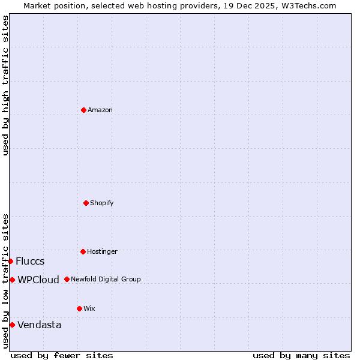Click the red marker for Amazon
[x=83, y=110]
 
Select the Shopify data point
[x=86, y=203]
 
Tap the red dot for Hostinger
[x=83, y=251]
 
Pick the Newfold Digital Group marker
[x=67, y=279]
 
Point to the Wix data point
[x=79, y=308]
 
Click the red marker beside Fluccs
[x=11, y=261]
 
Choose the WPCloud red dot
[x=12, y=280]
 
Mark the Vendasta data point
[x=12, y=325]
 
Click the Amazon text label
[x=100, y=110]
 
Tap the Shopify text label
[x=102, y=203]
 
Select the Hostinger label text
[x=102, y=251]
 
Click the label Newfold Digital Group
[x=106, y=279]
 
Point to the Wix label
[x=89, y=308]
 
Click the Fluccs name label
[x=30, y=261]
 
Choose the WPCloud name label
[x=38, y=280]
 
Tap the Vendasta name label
[x=39, y=325]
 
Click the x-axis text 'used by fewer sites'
[x=62, y=355]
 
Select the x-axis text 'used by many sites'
[x=301, y=355]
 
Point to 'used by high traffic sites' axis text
[x=5, y=85]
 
